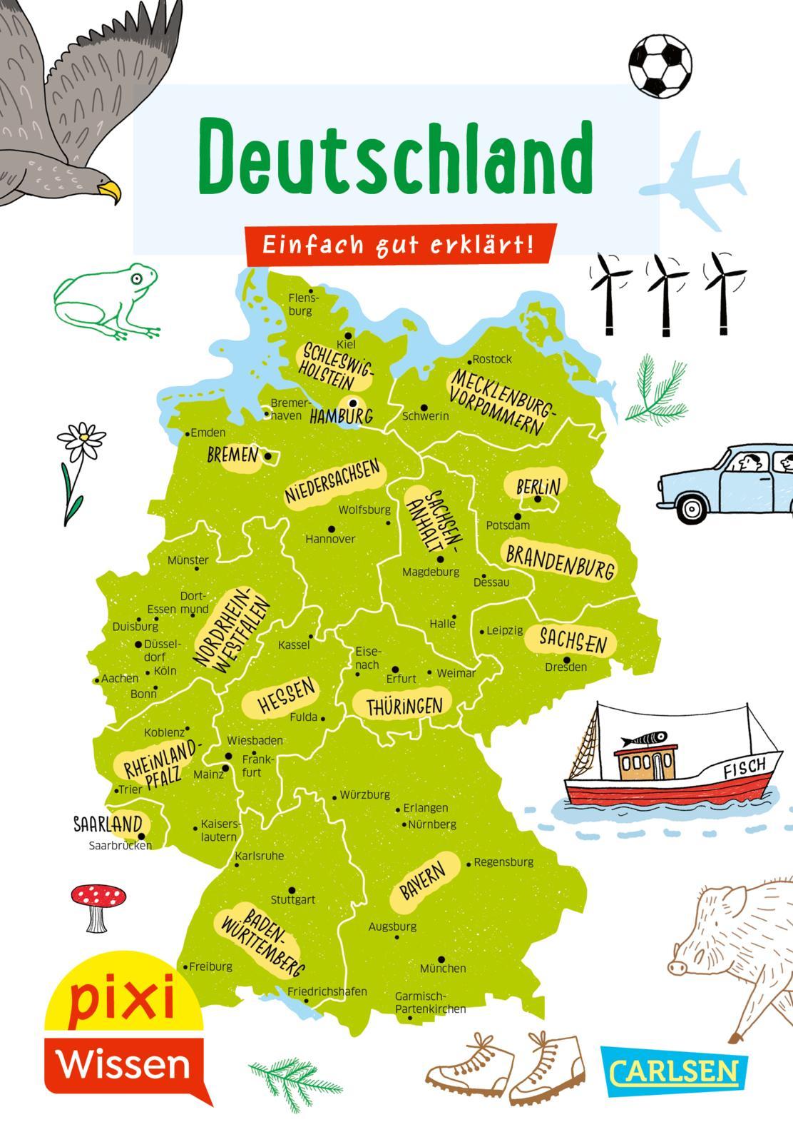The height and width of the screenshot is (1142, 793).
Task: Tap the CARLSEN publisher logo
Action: [x=674, y=1071]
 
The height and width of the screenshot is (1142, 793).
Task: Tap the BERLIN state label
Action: [x=538, y=486]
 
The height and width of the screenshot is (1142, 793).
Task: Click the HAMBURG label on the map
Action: [x=341, y=416]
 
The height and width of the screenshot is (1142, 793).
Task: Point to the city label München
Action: [x=443, y=969]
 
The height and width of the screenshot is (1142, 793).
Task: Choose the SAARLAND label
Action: [x=108, y=824]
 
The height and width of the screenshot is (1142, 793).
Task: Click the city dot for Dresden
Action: [x=566, y=660]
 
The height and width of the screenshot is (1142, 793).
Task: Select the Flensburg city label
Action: [x=302, y=305]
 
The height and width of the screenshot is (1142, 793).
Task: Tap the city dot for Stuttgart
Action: [x=292, y=891]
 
